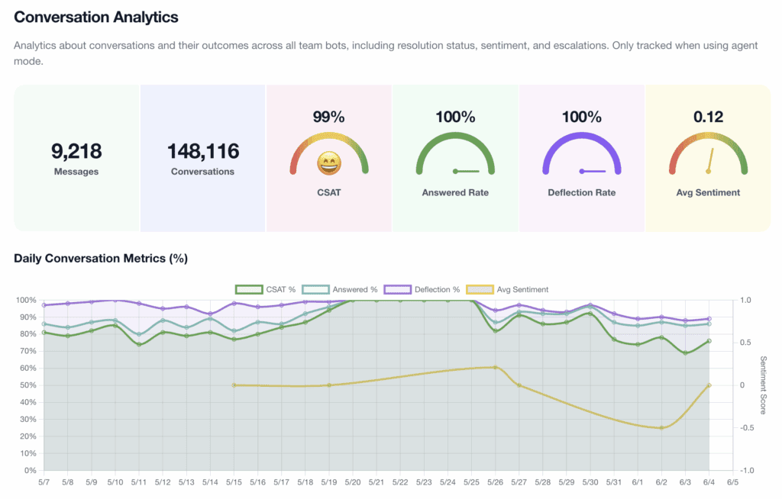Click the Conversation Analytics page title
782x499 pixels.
click(x=95, y=17)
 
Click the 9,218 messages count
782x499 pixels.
click(x=76, y=151)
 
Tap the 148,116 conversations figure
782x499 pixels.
click(x=203, y=151)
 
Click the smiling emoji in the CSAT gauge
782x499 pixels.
click(x=329, y=163)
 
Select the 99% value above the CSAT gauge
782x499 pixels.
click(x=328, y=117)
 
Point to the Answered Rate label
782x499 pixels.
click(x=455, y=192)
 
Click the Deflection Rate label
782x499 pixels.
click(x=581, y=192)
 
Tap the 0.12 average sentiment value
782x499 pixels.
click(x=708, y=117)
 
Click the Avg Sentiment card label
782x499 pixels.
click(x=708, y=192)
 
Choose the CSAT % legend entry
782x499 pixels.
click(x=265, y=290)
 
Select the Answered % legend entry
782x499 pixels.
click(x=340, y=290)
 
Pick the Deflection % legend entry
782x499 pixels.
click(x=422, y=290)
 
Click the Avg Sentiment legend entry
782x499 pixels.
click(x=507, y=290)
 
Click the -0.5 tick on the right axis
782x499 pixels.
click(x=745, y=428)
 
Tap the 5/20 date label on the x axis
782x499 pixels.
click(x=353, y=482)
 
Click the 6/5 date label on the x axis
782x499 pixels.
click(x=732, y=482)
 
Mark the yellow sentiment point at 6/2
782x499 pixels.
click(x=661, y=428)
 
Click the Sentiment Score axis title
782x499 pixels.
click(x=763, y=385)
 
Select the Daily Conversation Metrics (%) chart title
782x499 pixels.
click(x=101, y=258)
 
